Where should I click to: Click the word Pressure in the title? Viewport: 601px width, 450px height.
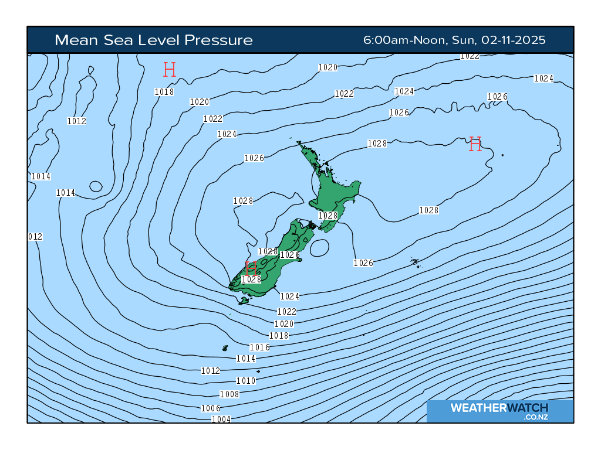[x=218, y=40]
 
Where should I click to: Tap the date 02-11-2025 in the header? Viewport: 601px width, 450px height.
[x=514, y=40]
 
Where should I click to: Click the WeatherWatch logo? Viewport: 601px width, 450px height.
[x=499, y=408]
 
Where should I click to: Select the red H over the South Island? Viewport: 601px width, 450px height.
[x=251, y=268]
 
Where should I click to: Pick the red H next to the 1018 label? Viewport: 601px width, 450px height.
[x=170, y=70]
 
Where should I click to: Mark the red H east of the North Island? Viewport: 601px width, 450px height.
[x=475, y=144]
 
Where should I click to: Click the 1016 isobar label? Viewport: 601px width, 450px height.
[x=259, y=347]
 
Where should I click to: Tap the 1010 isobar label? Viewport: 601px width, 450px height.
[x=245, y=381]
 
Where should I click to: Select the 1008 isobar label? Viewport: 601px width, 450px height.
[x=229, y=394]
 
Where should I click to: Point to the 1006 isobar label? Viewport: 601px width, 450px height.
[x=211, y=408]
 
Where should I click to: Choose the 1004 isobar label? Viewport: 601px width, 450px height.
[x=221, y=419]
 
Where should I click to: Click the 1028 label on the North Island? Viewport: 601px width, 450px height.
[x=328, y=216]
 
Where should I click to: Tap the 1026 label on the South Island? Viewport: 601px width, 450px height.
[x=290, y=255]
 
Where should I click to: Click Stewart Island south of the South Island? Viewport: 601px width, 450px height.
[x=244, y=300]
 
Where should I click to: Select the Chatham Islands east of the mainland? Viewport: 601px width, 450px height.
[x=415, y=262]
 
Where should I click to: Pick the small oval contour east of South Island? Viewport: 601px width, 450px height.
[x=320, y=248]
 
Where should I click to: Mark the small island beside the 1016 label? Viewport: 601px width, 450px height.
[x=225, y=348]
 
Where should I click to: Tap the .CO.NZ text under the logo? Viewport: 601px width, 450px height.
[x=536, y=417]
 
